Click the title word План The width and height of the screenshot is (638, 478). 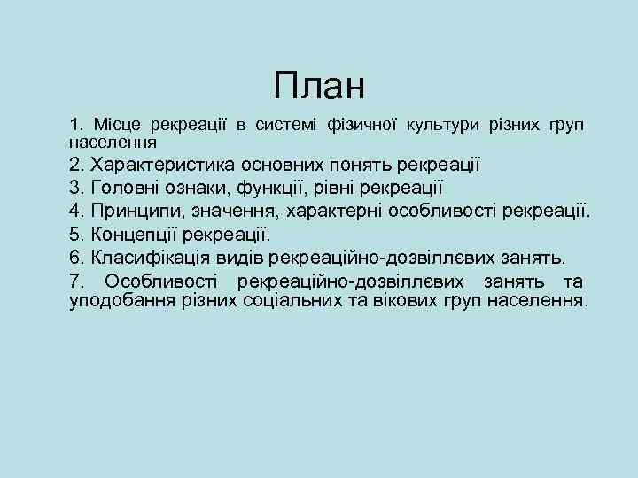[319, 86]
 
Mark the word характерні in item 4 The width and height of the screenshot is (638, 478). [348, 212]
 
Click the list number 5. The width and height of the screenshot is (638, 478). [77, 235]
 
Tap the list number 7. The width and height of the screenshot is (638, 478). [76, 281]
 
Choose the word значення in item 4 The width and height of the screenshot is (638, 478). [248, 212]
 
